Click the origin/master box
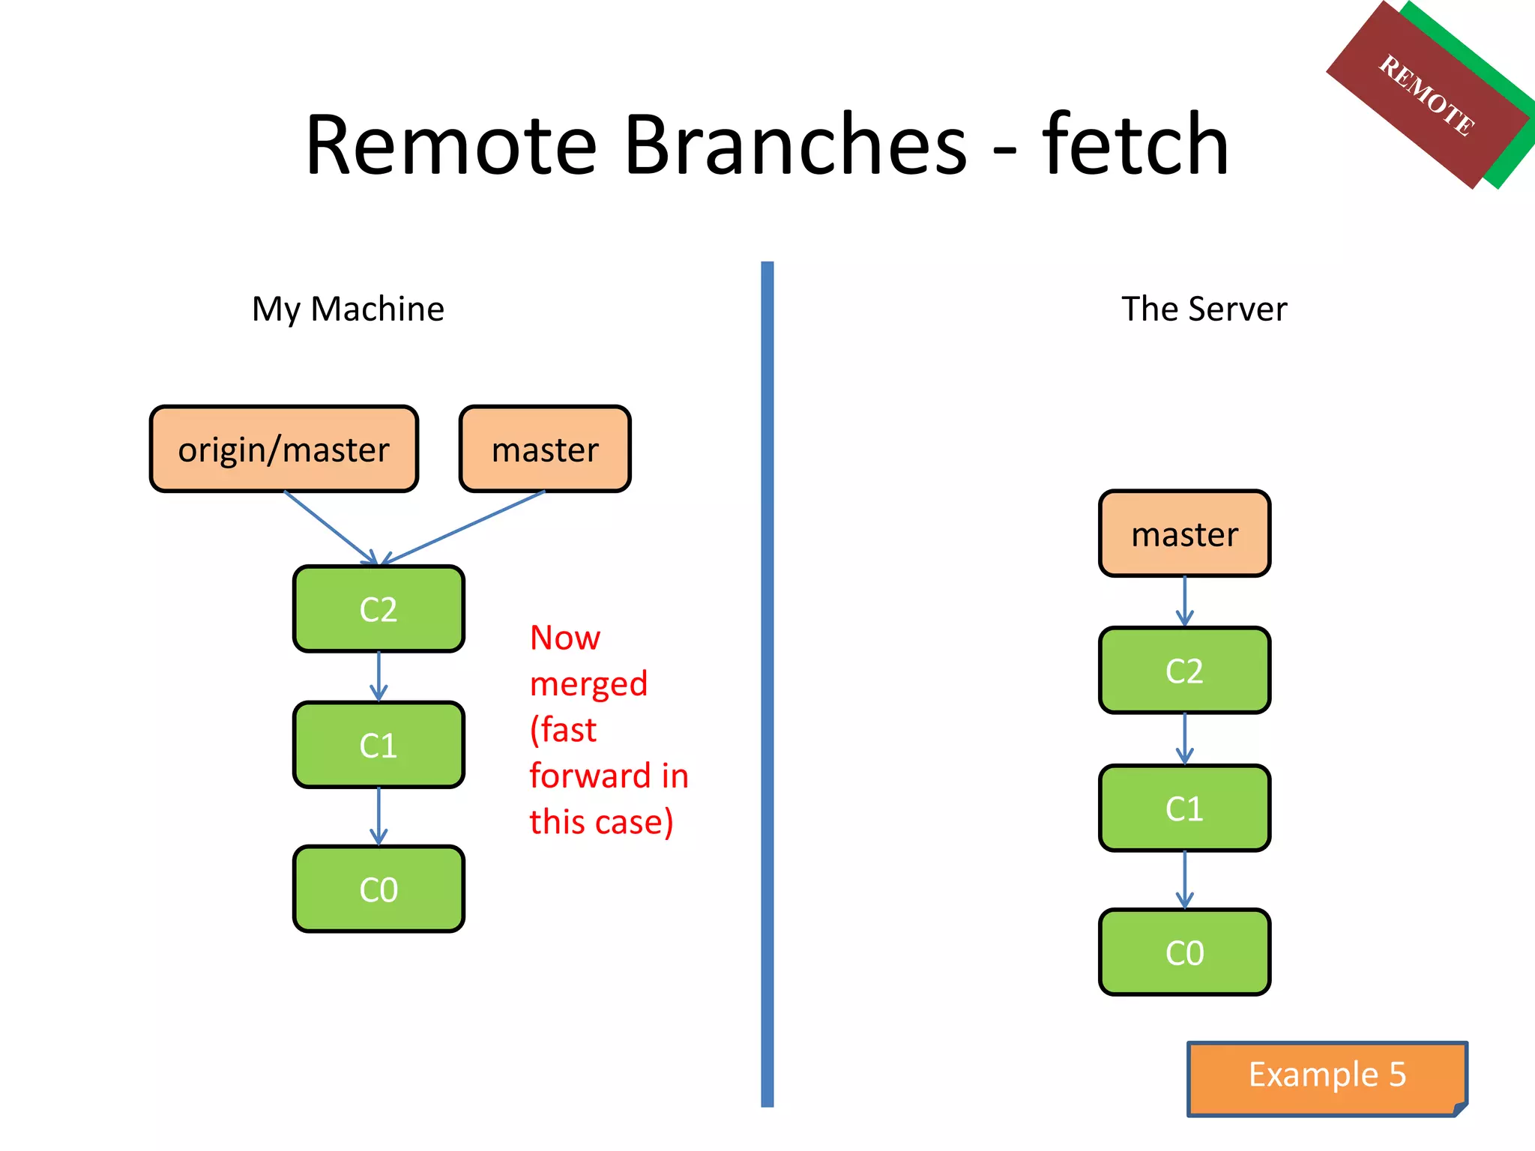click(283, 450)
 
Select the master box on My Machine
click(545, 450)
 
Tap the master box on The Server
click(1184, 534)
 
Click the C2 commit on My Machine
click(379, 609)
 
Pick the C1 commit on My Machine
click(379, 746)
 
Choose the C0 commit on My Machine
click(379, 889)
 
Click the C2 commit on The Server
click(1184, 671)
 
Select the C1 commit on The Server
click(1184, 809)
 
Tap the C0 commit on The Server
click(1184, 952)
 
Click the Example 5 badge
click(1327, 1075)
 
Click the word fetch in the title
click(1135, 144)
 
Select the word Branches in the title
click(794, 144)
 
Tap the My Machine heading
click(348, 309)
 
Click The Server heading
click(1204, 309)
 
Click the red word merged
click(588, 684)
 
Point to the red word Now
click(564, 638)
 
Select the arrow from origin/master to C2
click(330, 528)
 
